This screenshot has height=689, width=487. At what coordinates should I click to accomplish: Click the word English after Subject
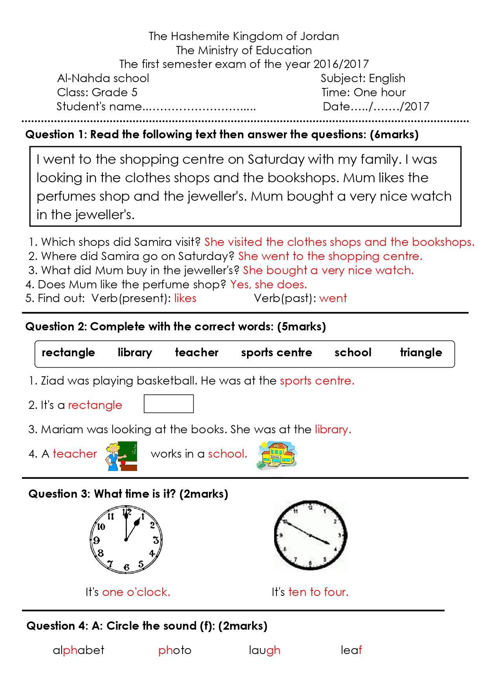point(387,79)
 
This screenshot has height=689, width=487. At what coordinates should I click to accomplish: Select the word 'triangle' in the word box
point(421,353)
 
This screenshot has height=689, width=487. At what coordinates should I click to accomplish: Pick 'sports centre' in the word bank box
point(276,353)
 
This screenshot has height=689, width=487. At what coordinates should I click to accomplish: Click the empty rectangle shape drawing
point(168,404)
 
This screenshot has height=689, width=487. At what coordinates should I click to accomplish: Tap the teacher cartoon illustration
point(121,456)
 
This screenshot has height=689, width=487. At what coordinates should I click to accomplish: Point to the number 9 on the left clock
point(97,540)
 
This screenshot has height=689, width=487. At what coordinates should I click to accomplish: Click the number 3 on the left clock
point(156,540)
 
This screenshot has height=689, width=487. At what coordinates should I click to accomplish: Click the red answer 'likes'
point(185,299)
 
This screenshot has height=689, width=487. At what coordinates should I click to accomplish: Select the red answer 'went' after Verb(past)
point(333,299)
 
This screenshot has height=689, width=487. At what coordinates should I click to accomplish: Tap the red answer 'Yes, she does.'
point(269,284)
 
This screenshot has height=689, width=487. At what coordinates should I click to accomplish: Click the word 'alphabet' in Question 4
point(79,651)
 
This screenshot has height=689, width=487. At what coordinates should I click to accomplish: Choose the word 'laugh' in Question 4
point(264,651)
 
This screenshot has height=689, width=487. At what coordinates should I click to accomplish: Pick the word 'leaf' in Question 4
point(351,651)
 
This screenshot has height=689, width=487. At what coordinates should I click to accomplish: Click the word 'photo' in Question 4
point(175,651)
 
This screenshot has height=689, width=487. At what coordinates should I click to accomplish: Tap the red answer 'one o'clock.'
point(136,592)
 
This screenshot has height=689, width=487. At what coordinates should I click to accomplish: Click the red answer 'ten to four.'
point(318,592)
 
